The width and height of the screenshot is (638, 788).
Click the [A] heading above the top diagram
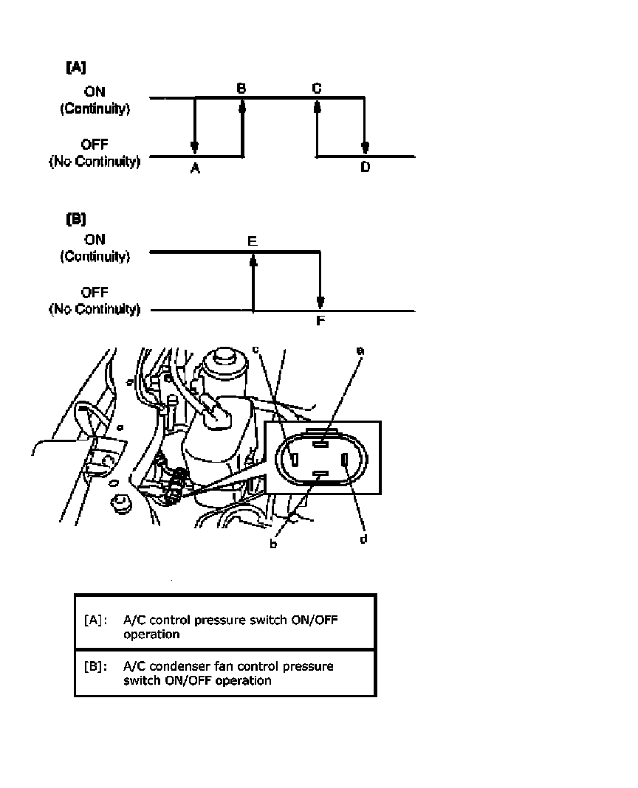[76, 67]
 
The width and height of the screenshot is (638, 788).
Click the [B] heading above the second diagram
[76, 219]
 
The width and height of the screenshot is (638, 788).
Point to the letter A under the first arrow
[195, 169]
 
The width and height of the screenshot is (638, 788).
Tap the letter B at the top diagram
[241, 88]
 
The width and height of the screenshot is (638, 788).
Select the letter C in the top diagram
[316, 88]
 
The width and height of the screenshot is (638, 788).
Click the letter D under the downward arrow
[365, 168]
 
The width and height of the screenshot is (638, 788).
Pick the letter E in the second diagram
[253, 241]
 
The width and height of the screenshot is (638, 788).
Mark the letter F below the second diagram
[320, 321]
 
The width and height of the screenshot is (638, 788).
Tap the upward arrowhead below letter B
[242, 107]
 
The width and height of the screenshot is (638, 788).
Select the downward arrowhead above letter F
[320, 302]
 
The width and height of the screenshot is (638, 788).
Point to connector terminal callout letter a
[360, 353]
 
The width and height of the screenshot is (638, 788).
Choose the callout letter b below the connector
[273, 545]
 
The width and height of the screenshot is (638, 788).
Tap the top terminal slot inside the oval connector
[320, 444]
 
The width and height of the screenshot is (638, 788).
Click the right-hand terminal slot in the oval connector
[345, 462]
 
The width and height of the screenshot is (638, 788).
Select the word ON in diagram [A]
[95, 92]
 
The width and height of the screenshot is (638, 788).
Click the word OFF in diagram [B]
[95, 293]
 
